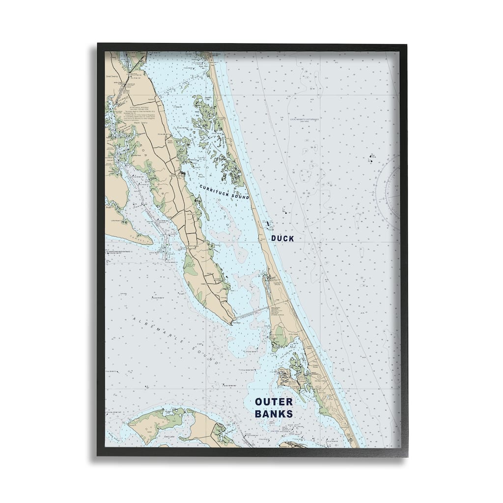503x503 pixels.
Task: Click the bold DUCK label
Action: pyautogui.click(x=282, y=238)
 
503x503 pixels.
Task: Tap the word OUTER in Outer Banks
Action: pyautogui.click(x=274, y=402)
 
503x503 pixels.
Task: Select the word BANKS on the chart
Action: pyautogui.click(x=274, y=414)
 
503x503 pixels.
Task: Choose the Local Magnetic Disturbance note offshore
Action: pyautogui.click(x=304, y=120)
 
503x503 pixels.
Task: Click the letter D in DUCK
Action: pyautogui.click(x=274, y=238)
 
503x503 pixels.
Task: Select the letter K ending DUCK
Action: pyautogui.click(x=291, y=238)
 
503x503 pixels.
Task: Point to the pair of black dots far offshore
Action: pyautogui.click(x=369, y=157)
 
